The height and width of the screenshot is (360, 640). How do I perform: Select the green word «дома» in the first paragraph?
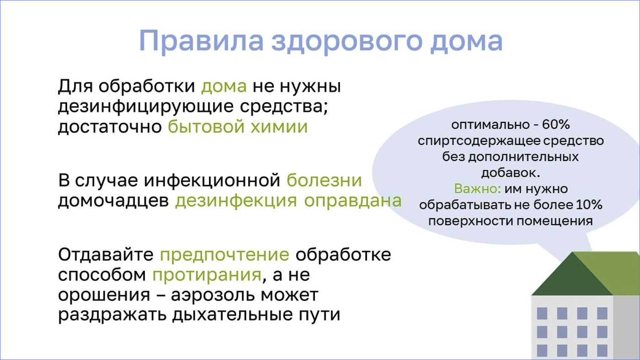tap(224, 86)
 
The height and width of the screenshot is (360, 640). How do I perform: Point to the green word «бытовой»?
tap(206, 126)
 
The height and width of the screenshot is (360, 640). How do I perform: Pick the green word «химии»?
tap(279, 127)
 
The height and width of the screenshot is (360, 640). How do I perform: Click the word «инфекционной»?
tap(212, 181)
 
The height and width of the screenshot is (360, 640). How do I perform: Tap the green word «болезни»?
tap(324, 180)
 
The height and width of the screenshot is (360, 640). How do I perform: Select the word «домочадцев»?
tap(113, 201)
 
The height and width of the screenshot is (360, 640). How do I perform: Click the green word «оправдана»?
tap(353, 201)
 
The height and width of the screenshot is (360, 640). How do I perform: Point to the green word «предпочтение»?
tap(224, 255)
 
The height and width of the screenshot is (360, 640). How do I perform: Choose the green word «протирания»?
tap(207, 275)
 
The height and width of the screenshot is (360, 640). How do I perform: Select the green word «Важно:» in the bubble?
tap(477, 189)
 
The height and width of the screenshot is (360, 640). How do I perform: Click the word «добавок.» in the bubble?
tap(511, 173)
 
